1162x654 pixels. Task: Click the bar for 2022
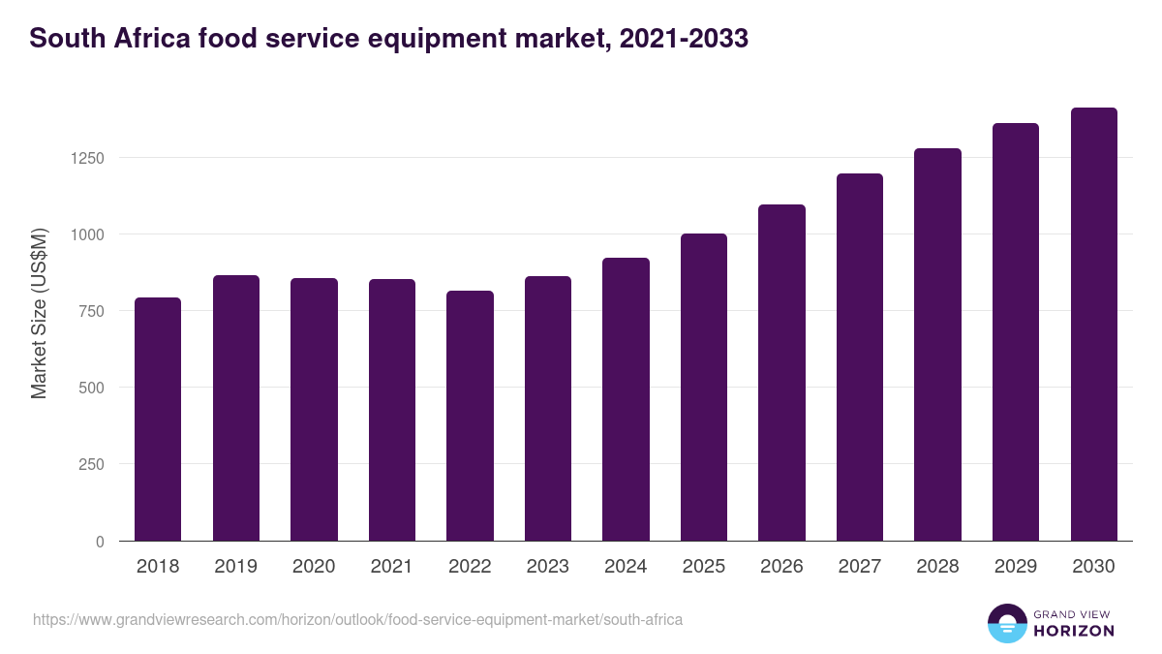coord(470,416)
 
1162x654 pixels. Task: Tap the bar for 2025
coord(704,387)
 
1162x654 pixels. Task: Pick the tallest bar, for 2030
coord(1093,324)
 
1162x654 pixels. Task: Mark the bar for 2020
coord(314,409)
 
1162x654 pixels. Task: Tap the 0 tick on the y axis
coord(100,542)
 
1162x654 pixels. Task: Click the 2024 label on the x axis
coord(626,567)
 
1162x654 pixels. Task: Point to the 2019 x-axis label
coord(236,567)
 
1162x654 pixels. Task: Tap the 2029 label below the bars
coord(1016,567)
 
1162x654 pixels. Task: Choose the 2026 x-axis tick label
coord(781,567)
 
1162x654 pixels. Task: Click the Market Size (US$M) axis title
coord(39,312)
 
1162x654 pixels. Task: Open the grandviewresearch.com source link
coord(357,619)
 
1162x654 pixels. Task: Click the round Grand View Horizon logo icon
coord(1006,623)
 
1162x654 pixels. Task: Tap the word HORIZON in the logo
coord(1074,631)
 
